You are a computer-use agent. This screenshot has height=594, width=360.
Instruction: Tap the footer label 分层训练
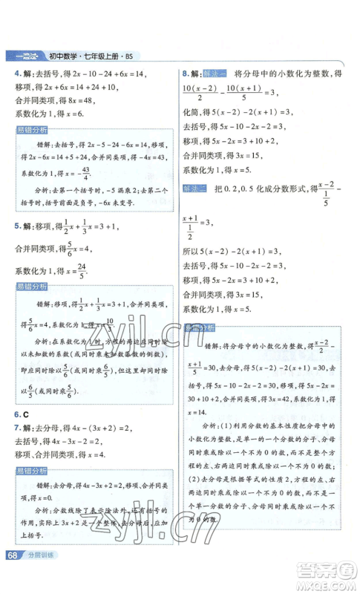tap(43, 577)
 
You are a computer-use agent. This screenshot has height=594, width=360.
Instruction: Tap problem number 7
tap(18, 429)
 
